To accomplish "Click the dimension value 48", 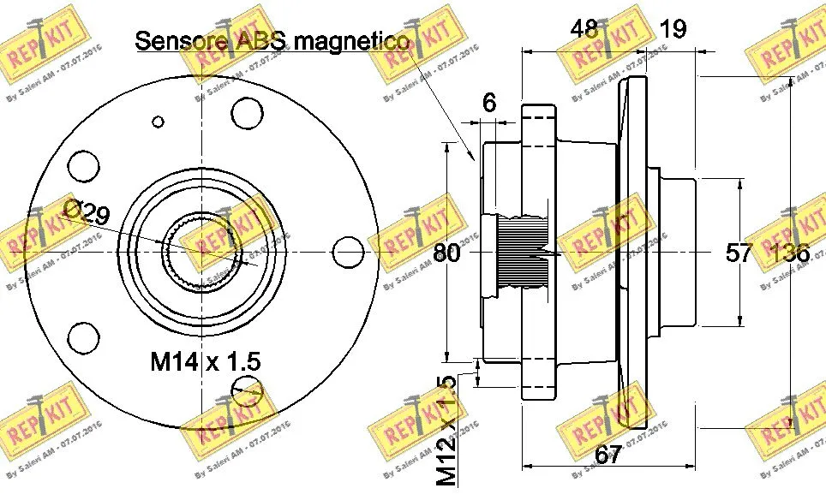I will (586, 29).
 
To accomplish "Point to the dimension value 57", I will (739, 253).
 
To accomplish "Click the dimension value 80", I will (446, 253).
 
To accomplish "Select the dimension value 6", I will (489, 103).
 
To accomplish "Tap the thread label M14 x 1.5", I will (206, 362).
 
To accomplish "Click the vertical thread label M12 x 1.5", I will (446, 431).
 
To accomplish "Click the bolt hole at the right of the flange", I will (348, 252).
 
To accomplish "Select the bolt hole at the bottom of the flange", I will (247, 390).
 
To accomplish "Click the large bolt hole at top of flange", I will (247, 111).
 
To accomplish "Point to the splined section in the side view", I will (524, 253).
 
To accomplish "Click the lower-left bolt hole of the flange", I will (85, 337).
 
